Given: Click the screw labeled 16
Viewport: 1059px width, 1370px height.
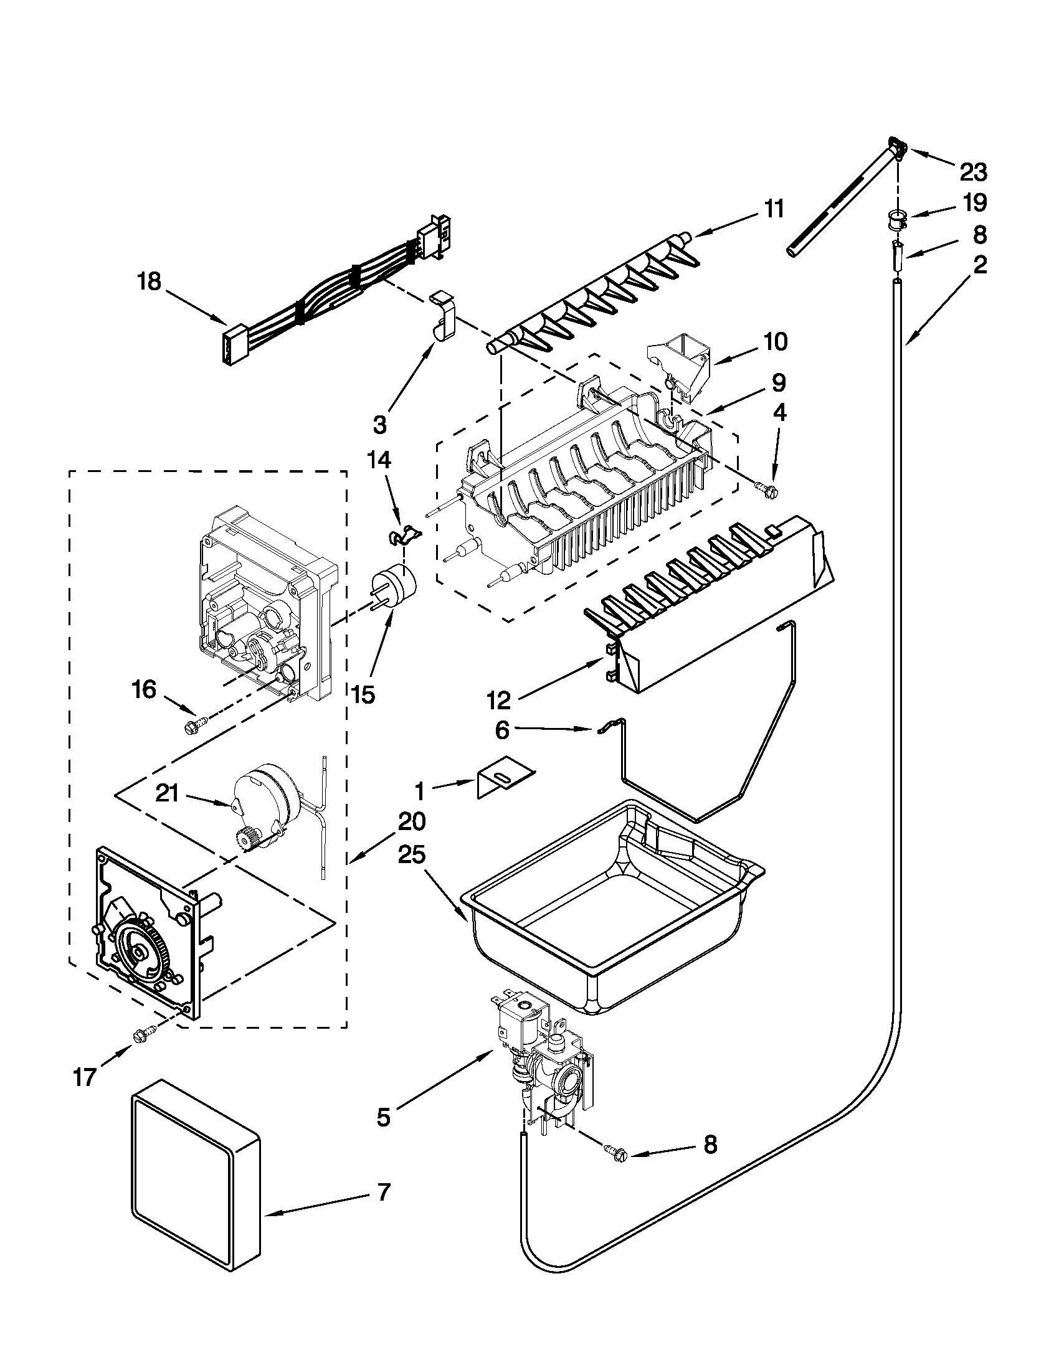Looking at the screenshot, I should point(189,727).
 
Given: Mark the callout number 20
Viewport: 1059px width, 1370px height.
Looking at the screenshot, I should point(411,821).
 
